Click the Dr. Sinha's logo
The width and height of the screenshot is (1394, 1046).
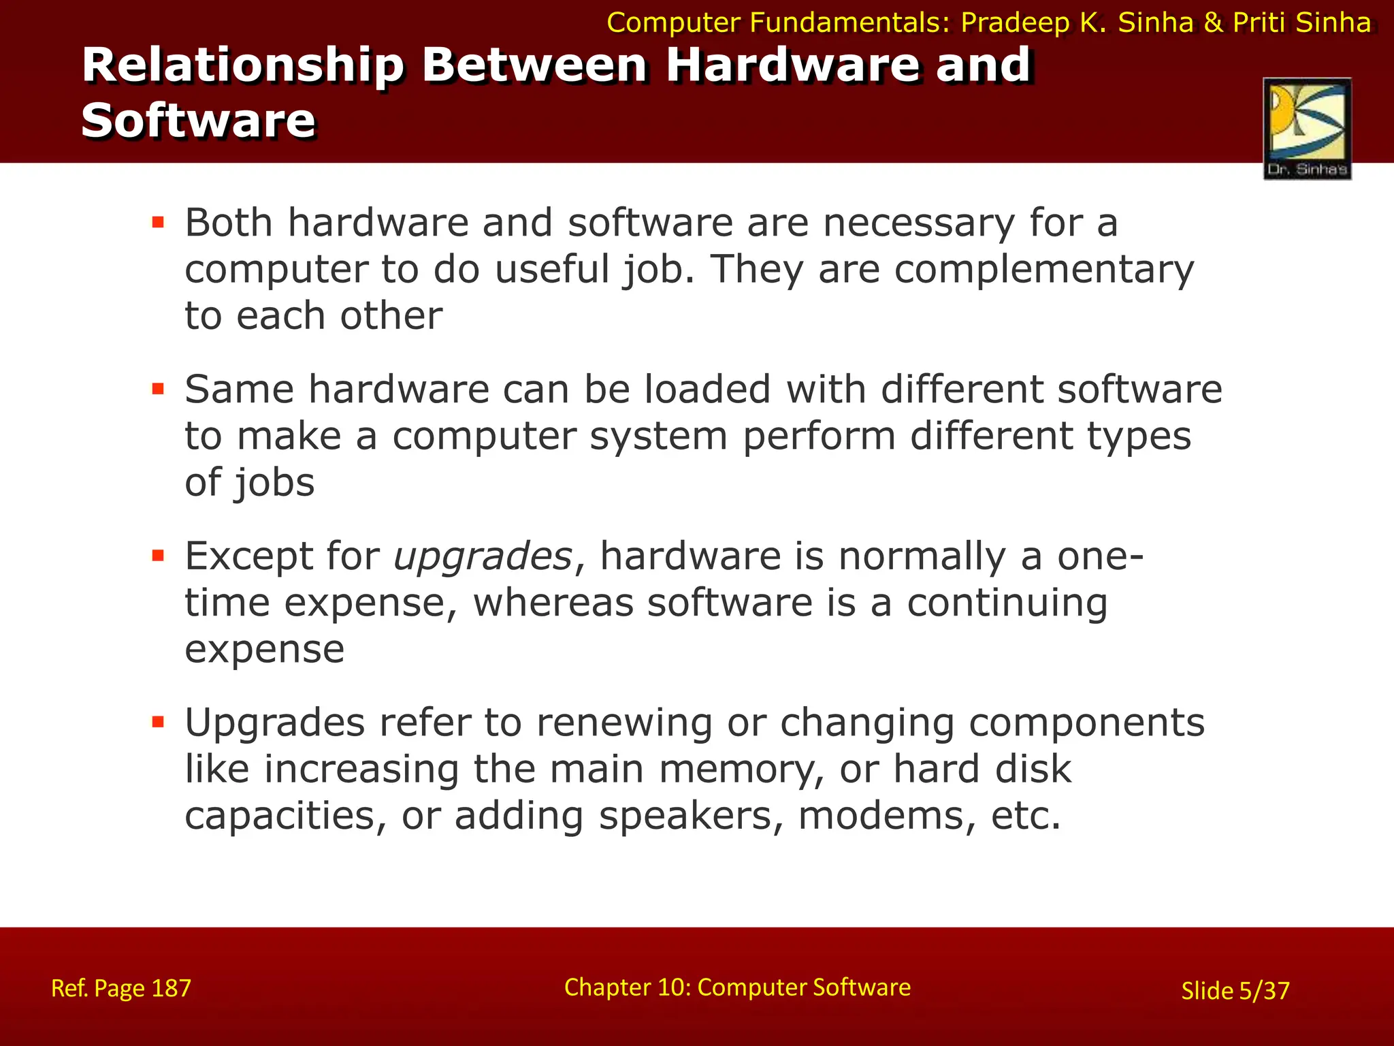click(1307, 129)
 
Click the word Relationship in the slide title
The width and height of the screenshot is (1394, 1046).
click(243, 65)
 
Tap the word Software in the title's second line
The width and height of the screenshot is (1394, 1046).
click(198, 121)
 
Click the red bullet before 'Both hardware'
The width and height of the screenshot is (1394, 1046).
click(159, 222)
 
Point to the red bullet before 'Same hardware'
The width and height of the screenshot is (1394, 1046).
click(159, 389)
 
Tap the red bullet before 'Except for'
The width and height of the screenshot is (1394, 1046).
click(159, 556)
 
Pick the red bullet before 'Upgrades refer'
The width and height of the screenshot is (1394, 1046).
click(159, 722)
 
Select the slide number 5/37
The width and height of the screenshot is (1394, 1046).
click(1264, 990)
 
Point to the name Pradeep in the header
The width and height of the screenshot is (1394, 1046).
click(1015, 22)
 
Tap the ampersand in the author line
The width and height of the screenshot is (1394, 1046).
click(1214, 22)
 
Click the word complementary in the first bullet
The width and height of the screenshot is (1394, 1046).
click(1043, 269)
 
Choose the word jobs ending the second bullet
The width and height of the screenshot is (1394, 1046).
click(274, 482)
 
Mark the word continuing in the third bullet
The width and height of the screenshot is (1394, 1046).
click(1007, 603)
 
